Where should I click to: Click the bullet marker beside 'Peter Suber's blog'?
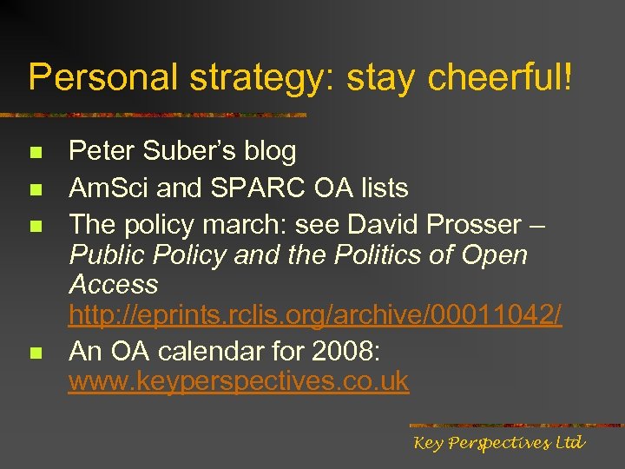pyautogui.click(x=36, y=153)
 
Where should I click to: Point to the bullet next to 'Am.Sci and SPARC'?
pyautogui.click(x=36, y=189)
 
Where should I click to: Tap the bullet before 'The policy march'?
pyautogui.click(x=36, y=226)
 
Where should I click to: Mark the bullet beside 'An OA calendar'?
pyautogui.click(x=36, y=353)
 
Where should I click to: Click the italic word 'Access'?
pyautogui.click(x=114, y=284)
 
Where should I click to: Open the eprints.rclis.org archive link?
pyautogui.click(x=315, y=315)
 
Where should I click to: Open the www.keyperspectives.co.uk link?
pyautogui.click(x=239, y=381)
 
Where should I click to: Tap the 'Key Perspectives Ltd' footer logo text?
pyautogui.click(x=499, y=444)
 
